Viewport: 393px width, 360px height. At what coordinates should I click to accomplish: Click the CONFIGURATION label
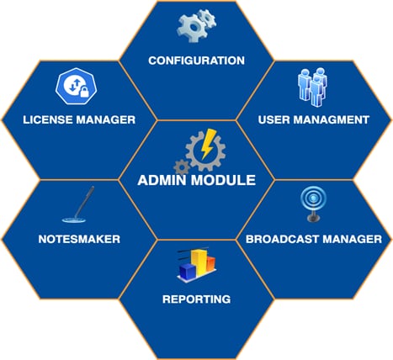tap(196, 61)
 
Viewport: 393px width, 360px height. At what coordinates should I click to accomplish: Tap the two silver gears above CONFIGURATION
tap(196, 25)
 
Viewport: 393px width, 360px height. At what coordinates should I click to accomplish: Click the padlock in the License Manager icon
tap(84, 92)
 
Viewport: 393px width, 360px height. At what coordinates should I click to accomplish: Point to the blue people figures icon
tap(312, 87)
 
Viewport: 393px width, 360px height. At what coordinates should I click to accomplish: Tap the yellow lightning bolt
tap(208, 144)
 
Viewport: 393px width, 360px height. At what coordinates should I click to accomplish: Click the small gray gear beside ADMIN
tap(182, 167)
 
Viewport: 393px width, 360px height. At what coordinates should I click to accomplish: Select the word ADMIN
tap(162, 180)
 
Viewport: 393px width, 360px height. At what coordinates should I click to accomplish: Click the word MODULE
tap(223, 180)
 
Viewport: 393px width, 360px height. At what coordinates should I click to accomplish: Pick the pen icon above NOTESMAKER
tap(78, 204)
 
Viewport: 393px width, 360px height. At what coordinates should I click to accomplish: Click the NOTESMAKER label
tap(79, 239)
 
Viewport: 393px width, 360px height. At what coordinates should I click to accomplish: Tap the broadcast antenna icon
tap(313, 204)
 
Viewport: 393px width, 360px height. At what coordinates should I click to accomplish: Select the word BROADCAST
tap(282, 239)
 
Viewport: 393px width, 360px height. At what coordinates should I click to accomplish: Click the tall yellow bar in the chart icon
tap(199, 262)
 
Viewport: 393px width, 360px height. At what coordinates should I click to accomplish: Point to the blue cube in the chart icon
tap(188, 271)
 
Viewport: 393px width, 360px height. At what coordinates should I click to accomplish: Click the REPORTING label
tap(196, 299)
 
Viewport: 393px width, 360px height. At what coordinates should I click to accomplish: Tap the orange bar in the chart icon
tap(211, 263)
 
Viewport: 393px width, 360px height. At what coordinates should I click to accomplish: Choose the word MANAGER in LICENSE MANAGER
tap(106, 119)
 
